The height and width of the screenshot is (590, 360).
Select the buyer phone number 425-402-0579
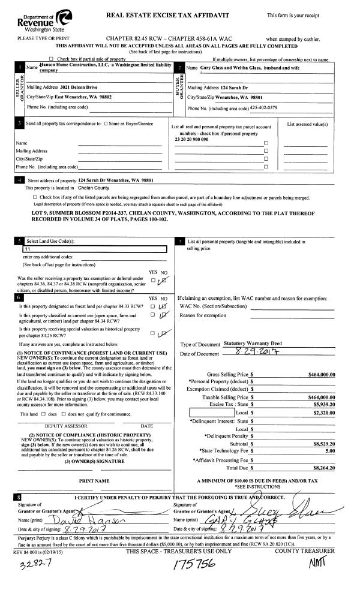264,108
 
